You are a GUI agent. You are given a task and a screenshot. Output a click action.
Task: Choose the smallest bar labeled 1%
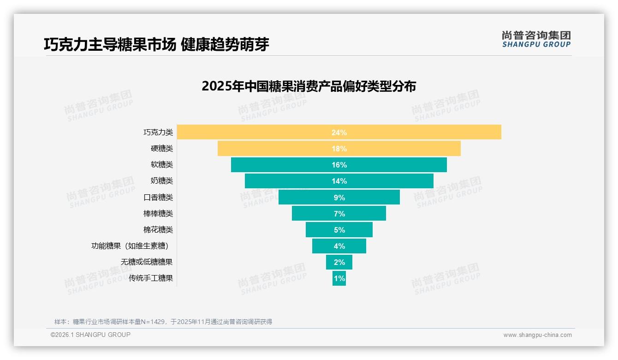coord(339,278)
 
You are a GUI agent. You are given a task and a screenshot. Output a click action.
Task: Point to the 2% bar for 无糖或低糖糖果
coord(339,262)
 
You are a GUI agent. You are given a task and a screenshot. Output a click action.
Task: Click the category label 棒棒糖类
coord(158,214)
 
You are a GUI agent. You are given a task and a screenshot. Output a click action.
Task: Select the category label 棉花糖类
coord(158,230)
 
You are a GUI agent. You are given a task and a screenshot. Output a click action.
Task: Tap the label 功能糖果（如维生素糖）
coord(132,246)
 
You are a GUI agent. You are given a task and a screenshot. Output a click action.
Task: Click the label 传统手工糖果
coord(151,278)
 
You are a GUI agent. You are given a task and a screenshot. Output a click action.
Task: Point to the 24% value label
coord(339,132)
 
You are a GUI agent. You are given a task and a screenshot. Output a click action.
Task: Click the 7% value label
coord(339,214)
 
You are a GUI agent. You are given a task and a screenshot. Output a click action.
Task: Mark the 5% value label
coord(339,230)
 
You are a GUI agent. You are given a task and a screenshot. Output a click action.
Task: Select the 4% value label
coord(339,246)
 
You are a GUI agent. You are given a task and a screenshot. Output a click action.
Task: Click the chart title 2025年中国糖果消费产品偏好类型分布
coord(309,86)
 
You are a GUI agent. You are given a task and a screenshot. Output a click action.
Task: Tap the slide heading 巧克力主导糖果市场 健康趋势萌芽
coord(156,44)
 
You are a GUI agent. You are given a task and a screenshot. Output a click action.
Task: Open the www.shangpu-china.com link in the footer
coord(537,335)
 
